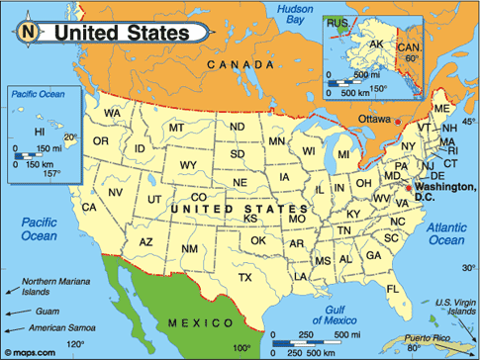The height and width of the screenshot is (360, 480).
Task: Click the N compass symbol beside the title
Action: (x=29, y=32)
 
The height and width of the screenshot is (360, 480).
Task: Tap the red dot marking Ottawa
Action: (x=398, y=122)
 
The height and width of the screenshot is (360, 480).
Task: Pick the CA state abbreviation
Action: (x=89, y=207)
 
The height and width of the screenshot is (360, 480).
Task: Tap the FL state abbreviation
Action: (x=392, y=289)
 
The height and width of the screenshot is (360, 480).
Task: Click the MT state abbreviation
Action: (x=177, y=128)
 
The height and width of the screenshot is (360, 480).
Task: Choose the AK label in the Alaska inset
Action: (x=376, y=45)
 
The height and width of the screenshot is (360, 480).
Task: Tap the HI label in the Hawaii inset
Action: (x=40, y=131)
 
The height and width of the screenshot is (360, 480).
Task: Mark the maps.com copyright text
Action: (x=30, y=350)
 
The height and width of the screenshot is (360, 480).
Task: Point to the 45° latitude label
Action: (x=468, y=122)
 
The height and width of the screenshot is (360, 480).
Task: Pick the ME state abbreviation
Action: (x=441, y=108)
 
